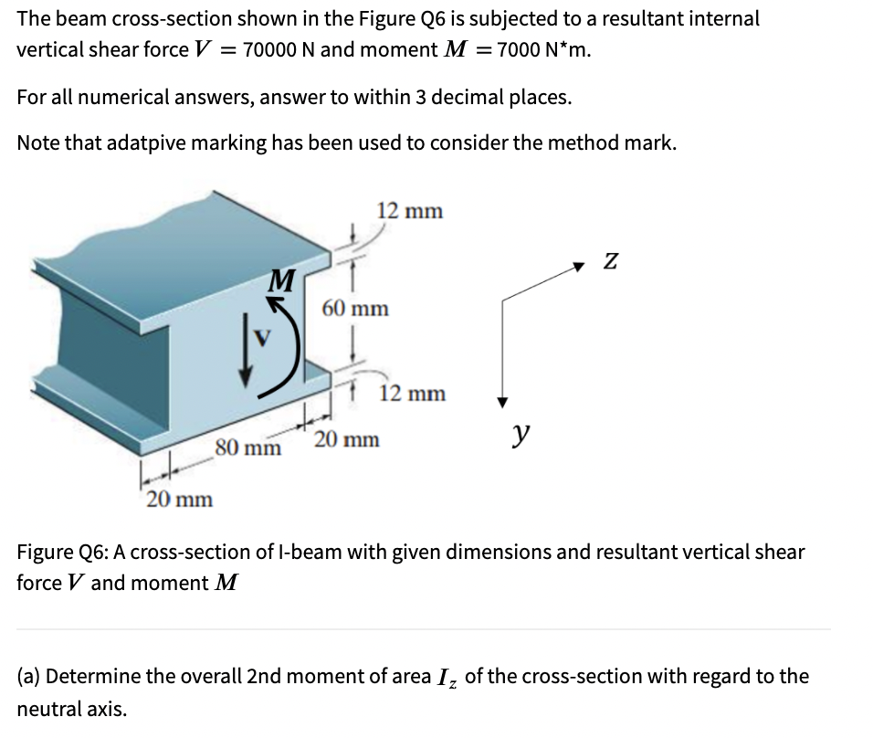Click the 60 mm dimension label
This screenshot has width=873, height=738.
tap(355, 309)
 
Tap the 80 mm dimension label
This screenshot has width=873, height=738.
tap(248, 448)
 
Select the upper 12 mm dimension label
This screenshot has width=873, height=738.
tap(409, 211)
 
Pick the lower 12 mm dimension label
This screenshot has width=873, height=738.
tap(413, 394)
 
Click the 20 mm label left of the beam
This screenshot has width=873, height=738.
tap(180, 500)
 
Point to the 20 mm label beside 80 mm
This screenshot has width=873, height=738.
tap(347, 440)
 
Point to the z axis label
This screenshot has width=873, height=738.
tap(610, 261)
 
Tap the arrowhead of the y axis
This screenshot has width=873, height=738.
tap(501, 402)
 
